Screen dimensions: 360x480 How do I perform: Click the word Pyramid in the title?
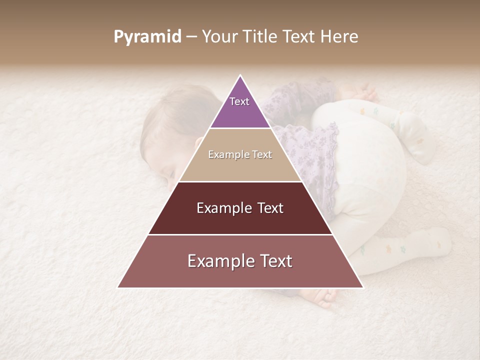tap(147, 37)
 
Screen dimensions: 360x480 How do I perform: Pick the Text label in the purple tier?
tap(239, 101)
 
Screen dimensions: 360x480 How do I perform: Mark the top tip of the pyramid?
tap(240, 75)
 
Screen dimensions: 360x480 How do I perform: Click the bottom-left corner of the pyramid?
tap(118, 287)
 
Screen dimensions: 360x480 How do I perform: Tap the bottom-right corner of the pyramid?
tap(362, 287)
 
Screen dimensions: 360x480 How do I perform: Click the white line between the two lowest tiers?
tap(240, 234)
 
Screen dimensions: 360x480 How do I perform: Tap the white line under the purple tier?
tap(240, 128)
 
